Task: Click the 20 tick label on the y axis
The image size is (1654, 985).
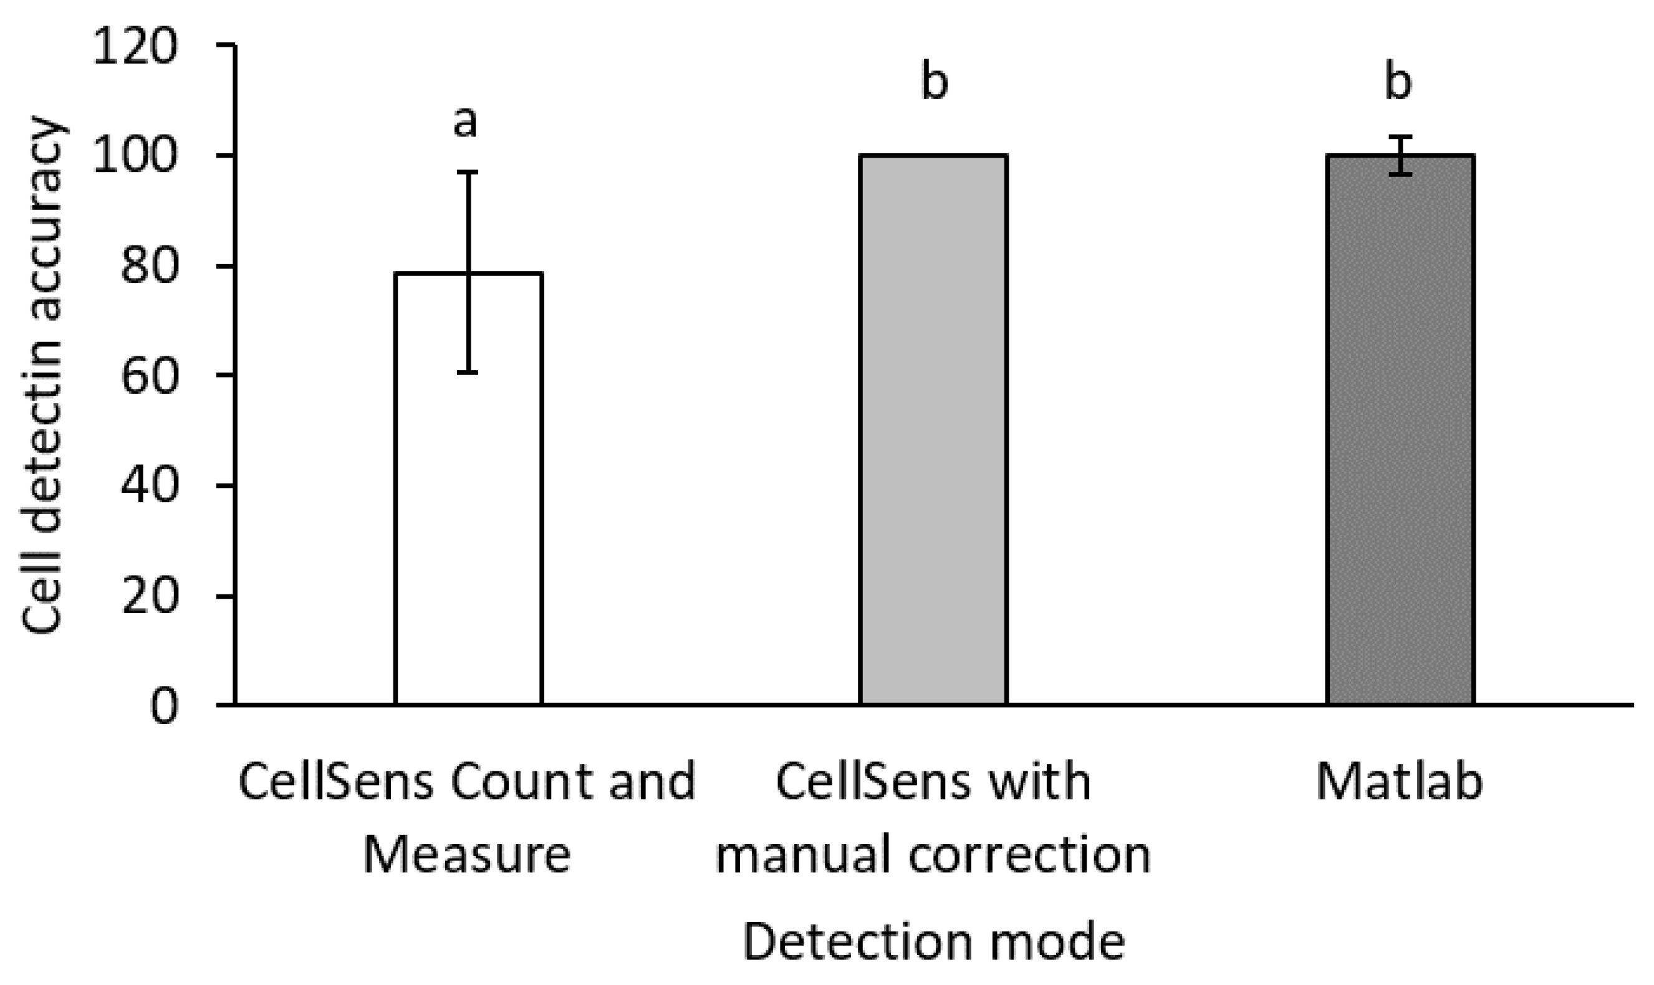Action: point(150,597)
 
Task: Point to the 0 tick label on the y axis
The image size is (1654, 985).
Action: point(164,707)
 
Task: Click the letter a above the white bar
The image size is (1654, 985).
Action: point(465,122)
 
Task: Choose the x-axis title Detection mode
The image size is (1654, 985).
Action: point(933,942)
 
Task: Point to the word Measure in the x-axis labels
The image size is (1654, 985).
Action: point(467,855)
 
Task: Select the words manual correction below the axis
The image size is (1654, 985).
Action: point(933,855)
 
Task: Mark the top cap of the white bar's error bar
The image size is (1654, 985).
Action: point(468,173)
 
